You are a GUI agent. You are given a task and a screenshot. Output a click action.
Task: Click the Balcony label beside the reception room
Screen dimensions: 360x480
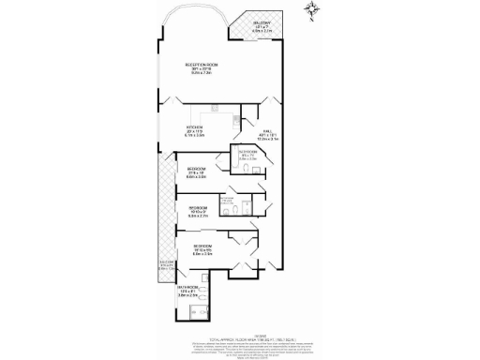pos(262,27)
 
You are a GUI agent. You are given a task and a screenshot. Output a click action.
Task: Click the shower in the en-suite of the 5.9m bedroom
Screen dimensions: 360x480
pos(226,202)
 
